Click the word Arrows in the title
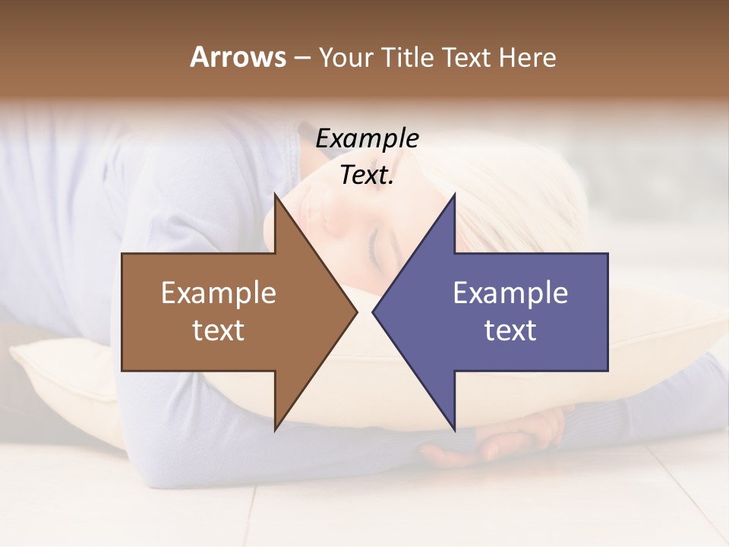coord(238,57)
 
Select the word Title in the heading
coord(408,57)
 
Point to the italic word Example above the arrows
coord(367,138)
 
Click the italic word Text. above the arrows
coord(367,175)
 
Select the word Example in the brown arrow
coord(219,293)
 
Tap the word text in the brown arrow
coord(219,330)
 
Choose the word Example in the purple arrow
coord(510,293)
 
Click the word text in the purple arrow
coord(510,330)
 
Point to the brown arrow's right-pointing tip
coord(356,311)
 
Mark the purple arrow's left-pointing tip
coord(374,311)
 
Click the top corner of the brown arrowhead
coord(276,195)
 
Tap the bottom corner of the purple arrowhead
coord(454,429)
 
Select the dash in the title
coord(301,58)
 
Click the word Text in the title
coord(469,57)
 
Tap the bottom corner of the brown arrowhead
coord(276,429)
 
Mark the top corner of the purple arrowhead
coord(454,195)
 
